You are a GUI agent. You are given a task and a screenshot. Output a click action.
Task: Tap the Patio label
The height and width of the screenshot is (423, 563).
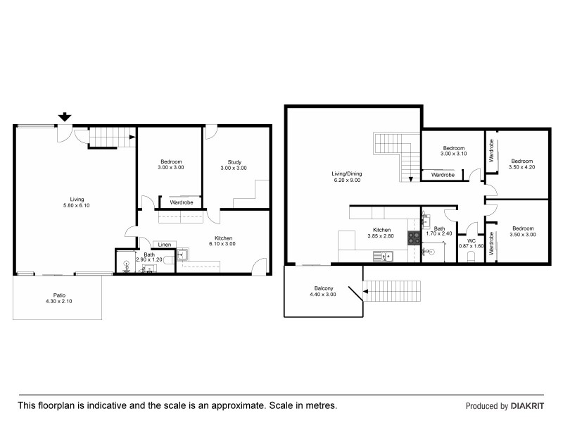pos(58,296)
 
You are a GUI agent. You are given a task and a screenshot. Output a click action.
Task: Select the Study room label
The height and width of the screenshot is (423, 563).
pos(234,162)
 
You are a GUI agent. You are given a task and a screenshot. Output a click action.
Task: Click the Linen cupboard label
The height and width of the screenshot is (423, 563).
pos(164,245)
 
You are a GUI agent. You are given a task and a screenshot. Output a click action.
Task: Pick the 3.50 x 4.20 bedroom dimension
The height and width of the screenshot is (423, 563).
pos(522,166)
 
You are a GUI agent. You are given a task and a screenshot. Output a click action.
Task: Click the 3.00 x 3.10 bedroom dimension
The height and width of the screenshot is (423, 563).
pos(453,154)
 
